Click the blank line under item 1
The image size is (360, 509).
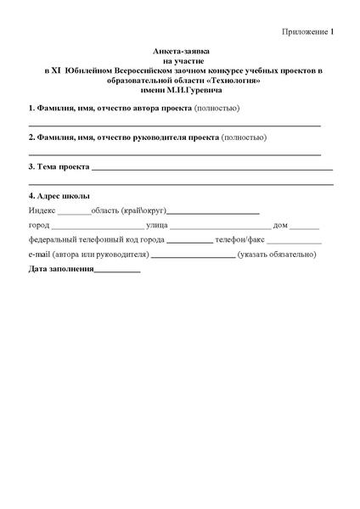(174, 124)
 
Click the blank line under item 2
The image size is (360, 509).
(174, 154)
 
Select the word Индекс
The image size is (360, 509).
(42, 210)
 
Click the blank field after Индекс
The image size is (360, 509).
(74, 213)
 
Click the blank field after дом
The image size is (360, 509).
(304, 227)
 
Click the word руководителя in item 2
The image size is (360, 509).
(164, 137)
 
